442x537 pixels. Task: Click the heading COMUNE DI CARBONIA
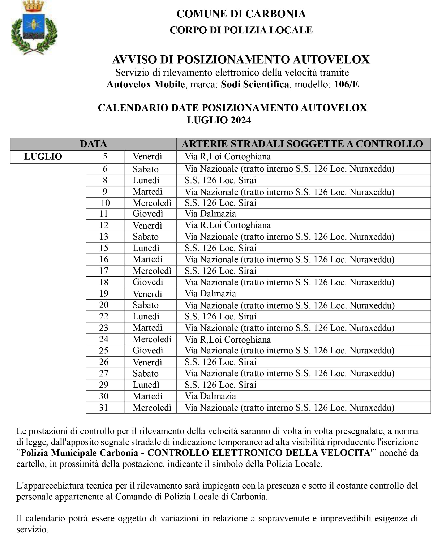coord(241,14)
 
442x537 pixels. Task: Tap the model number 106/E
coord(346,84)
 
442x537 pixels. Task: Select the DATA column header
coord(93,144)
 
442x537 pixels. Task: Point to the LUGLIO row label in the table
coord(43,157)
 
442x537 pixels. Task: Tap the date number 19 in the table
coord(104,294)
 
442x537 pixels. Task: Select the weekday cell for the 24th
coord(152,339)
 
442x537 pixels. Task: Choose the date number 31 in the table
coord(104,408)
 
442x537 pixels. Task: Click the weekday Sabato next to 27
coord(145,374)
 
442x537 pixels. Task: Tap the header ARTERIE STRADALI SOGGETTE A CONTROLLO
coord(302,144)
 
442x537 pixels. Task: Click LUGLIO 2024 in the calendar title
coord(219,120)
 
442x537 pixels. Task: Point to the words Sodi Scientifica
coord(255,84)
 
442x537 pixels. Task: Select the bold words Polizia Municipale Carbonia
coord(80,452)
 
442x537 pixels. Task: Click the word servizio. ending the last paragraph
coord(32,529)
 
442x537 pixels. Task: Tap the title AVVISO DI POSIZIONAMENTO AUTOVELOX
coord(241,60)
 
